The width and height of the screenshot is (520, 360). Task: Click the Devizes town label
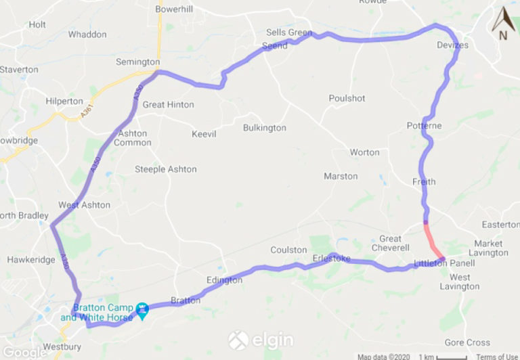pos(452,45)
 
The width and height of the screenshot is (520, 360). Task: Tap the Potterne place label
pos(424,126)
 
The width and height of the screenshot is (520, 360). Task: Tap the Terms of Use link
pos(497,357)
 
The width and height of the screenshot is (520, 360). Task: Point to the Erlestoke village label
pos(331,258)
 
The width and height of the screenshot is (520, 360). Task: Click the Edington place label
pos(224,280)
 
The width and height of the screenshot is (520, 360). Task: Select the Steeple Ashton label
pos(166,169)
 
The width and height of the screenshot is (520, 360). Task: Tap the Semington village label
pos(137,62)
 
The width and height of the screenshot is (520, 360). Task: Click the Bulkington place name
pos(264,128)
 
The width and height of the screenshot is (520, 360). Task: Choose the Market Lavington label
pos(491,248)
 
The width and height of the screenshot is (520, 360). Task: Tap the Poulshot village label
pos(347,98)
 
